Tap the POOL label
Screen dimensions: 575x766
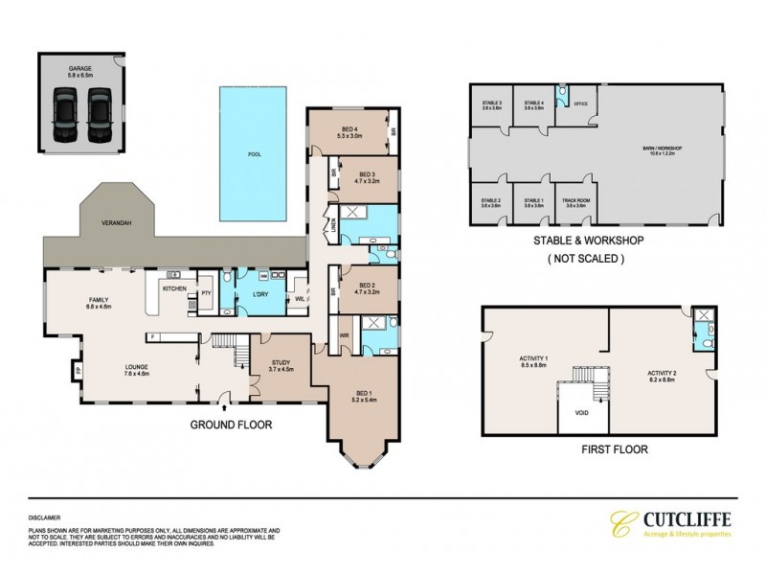[254, 152]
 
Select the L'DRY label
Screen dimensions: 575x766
[259, 292]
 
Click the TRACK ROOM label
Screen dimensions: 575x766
[576, 201]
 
